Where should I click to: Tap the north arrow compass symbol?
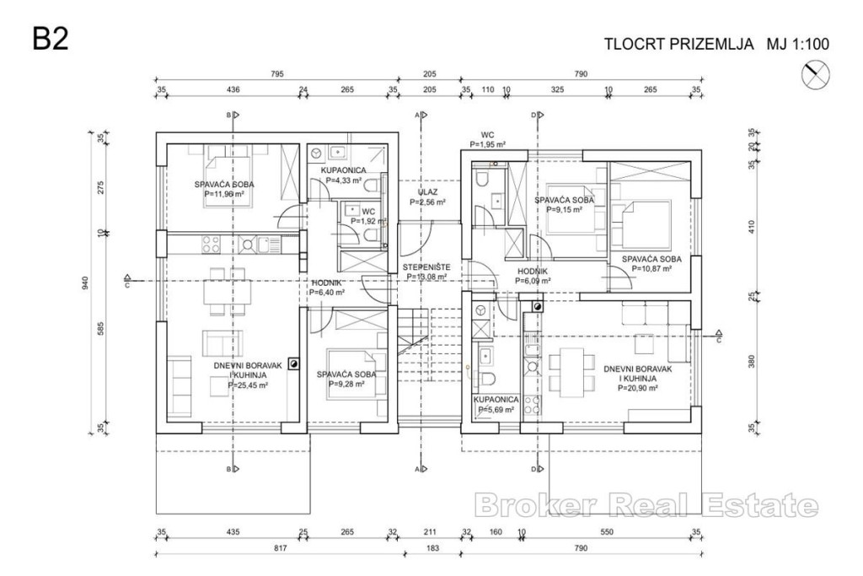pos(815,76)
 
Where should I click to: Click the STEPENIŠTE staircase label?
pos(426,266)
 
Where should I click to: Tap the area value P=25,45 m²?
pos(248,385)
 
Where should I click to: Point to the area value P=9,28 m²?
pos(346,384)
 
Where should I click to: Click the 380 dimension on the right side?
pos(753,363)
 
